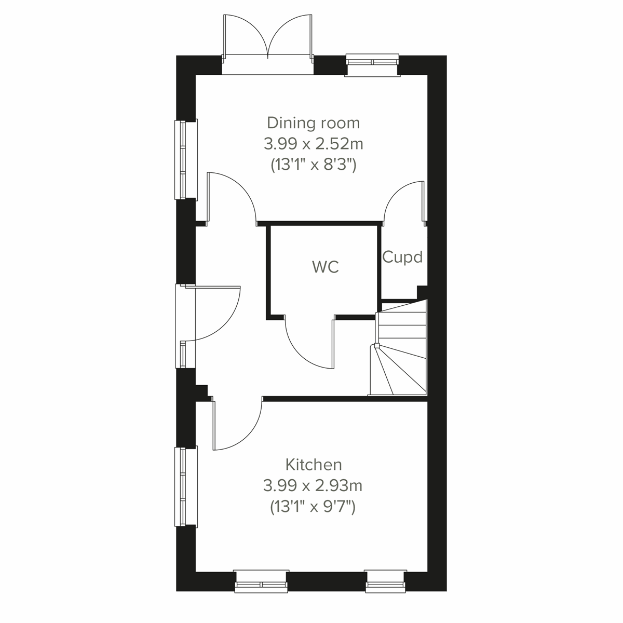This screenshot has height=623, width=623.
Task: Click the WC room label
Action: click(x=326, y=267)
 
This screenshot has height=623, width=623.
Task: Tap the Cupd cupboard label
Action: click(x=402, y=257)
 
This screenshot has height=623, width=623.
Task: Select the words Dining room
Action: click(x=313, y=123)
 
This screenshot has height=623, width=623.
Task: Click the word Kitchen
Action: click(x=314, y=464)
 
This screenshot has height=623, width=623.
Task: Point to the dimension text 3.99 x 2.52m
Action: click(x=313, y=143)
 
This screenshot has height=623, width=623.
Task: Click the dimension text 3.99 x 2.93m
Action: click(x=313, y=485)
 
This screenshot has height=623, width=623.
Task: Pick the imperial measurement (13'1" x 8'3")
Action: click(x=313, y=165)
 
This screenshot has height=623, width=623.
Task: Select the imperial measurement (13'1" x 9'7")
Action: click(x=313, y=506)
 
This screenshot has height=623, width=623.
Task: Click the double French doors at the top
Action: click(x=268, y=39)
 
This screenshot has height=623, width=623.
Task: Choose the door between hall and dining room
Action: click(x=231, y=197)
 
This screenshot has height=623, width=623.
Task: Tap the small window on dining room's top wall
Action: click(x=372, y=63)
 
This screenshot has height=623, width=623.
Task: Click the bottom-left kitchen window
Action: click(x=261, y=581)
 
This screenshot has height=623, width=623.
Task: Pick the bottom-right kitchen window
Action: click(x=385, y=581)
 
